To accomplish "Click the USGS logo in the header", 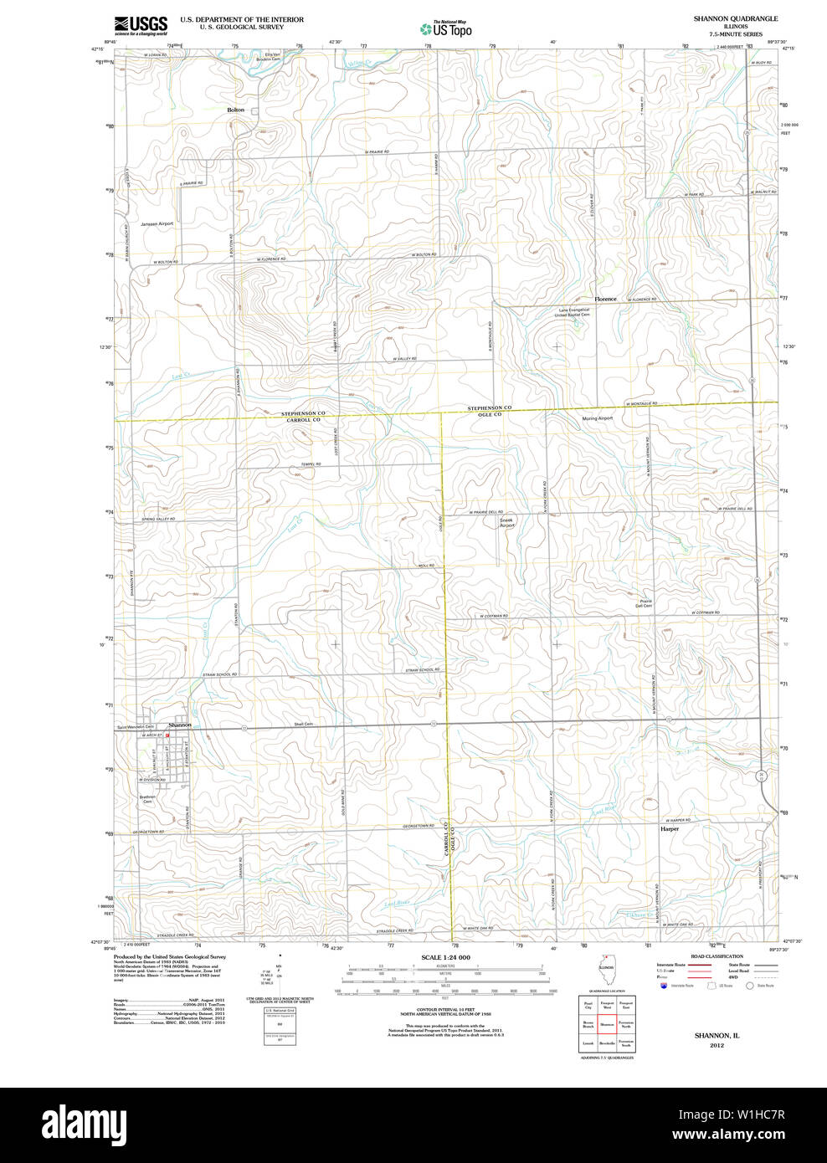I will [141, 25].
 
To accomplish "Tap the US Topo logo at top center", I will [446, 28].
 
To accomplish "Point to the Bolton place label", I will [236, 110].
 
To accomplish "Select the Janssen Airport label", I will [157, 224].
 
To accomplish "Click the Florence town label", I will [605, 299].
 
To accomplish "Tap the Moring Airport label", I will [598, 418].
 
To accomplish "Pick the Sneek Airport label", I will [507, 522].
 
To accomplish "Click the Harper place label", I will [670, 829].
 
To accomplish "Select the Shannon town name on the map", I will [180, 725].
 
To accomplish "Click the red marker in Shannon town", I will [167, 735].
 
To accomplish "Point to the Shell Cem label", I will [303, 724].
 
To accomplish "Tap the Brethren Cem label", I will [147, 799].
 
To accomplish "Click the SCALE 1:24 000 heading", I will [445, 957].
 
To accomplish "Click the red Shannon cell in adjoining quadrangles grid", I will [607, 1024].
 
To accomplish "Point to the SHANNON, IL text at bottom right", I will [717, 1036].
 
